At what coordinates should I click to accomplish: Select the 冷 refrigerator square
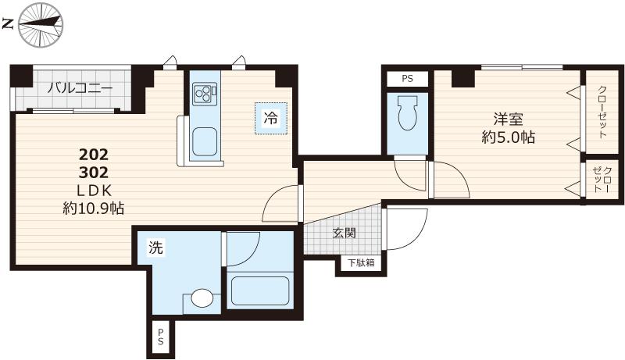click(x=270, y=119)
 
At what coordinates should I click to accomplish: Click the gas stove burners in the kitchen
click(x=204, y=94)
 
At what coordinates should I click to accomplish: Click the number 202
click(x=94, y=154)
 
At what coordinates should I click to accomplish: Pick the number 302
click(x=94, y=173)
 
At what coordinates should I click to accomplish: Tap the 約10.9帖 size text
click(x=94, y=209)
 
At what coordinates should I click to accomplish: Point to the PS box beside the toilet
click(x=407, y=79)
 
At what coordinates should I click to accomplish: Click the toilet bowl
click(x=407, y=115)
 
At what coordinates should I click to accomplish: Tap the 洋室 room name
click(x=508, y=119)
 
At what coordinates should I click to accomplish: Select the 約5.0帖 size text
click(x=508, y=138)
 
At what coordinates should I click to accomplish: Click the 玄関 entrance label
click(x=345, y=233)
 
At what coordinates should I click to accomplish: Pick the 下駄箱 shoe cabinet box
click(x=360, y=263)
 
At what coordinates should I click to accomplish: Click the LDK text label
click(x=94, y=191)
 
